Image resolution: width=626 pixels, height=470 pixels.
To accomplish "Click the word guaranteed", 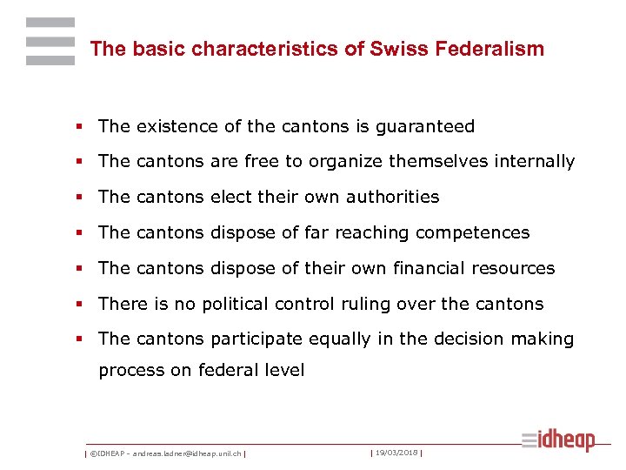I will (x=425, y=127).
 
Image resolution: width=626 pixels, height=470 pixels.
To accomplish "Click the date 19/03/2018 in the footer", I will (x=396, y=453).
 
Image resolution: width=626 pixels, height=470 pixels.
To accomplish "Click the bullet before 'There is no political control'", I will (x=81, y=305).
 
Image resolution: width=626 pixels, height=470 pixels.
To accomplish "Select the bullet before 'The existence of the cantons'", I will (x=81, y=127).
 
